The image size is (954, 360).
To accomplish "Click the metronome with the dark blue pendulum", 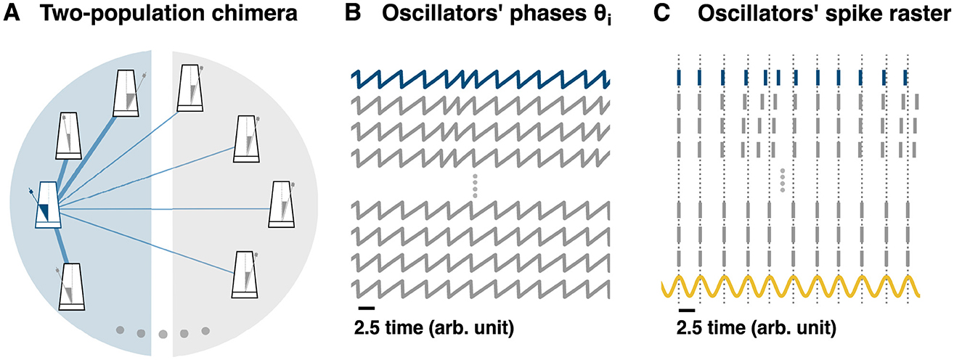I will [x=49, y=205].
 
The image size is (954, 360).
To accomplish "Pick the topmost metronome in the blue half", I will [x=129, y=93].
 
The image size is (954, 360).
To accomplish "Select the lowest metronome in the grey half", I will [x=247, y=274].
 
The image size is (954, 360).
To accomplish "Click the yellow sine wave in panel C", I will [x=791, y=287].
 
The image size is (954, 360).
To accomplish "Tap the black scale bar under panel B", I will [x=361, y=311].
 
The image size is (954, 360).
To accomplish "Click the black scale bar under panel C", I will [x=685, y=311].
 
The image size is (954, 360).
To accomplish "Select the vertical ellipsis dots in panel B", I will [x=475, y=186].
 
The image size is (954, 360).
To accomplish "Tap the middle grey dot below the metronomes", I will [x=163, y=334].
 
